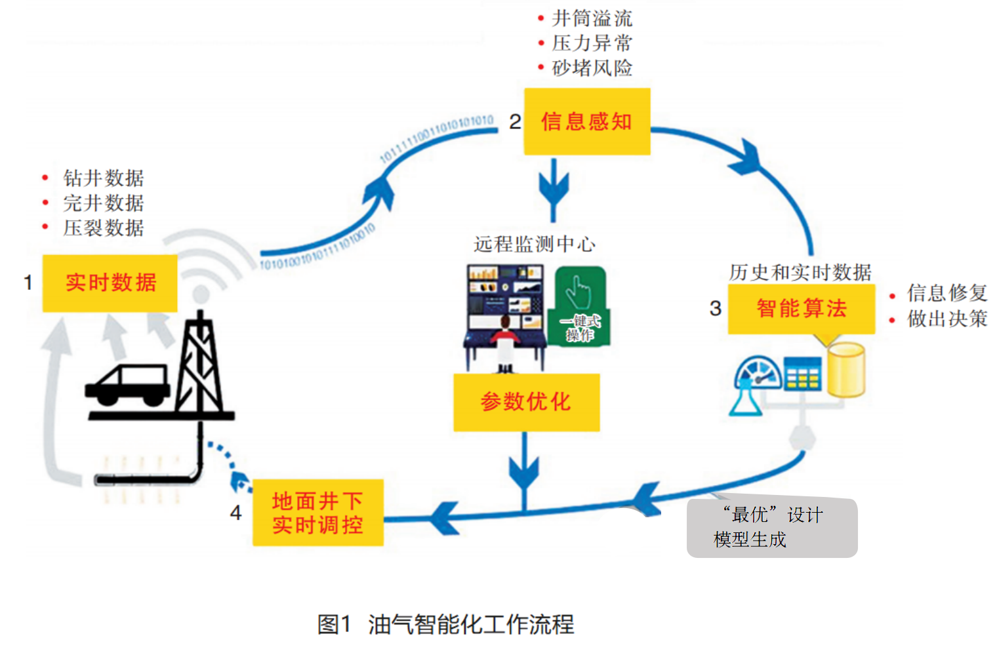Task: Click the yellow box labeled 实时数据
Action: [x=110, y=283]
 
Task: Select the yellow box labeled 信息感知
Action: [x=586, y=121]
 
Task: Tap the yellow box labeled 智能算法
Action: [x=801, y=309]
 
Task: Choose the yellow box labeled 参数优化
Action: [x=526, y=402]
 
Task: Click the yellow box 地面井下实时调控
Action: [x=317, y=513]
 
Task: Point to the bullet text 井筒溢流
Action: [x=592, y=18]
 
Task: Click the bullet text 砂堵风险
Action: [x=592, y=68]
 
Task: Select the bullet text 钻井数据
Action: [x=103, y=178]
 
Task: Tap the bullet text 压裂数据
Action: [x=103, y=228]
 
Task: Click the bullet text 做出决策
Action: [x=946, y=319]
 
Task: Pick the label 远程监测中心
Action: [x=534, y=244]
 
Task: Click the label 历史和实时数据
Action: [x=800, y=272]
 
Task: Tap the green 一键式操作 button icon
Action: [x=581, y=306]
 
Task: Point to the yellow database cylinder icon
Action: [x=845, y=370]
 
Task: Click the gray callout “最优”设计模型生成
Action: [x=771, y=528]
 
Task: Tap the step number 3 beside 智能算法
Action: [x=715, y=309]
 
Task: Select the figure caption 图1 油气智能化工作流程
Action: [x=445, y=624]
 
